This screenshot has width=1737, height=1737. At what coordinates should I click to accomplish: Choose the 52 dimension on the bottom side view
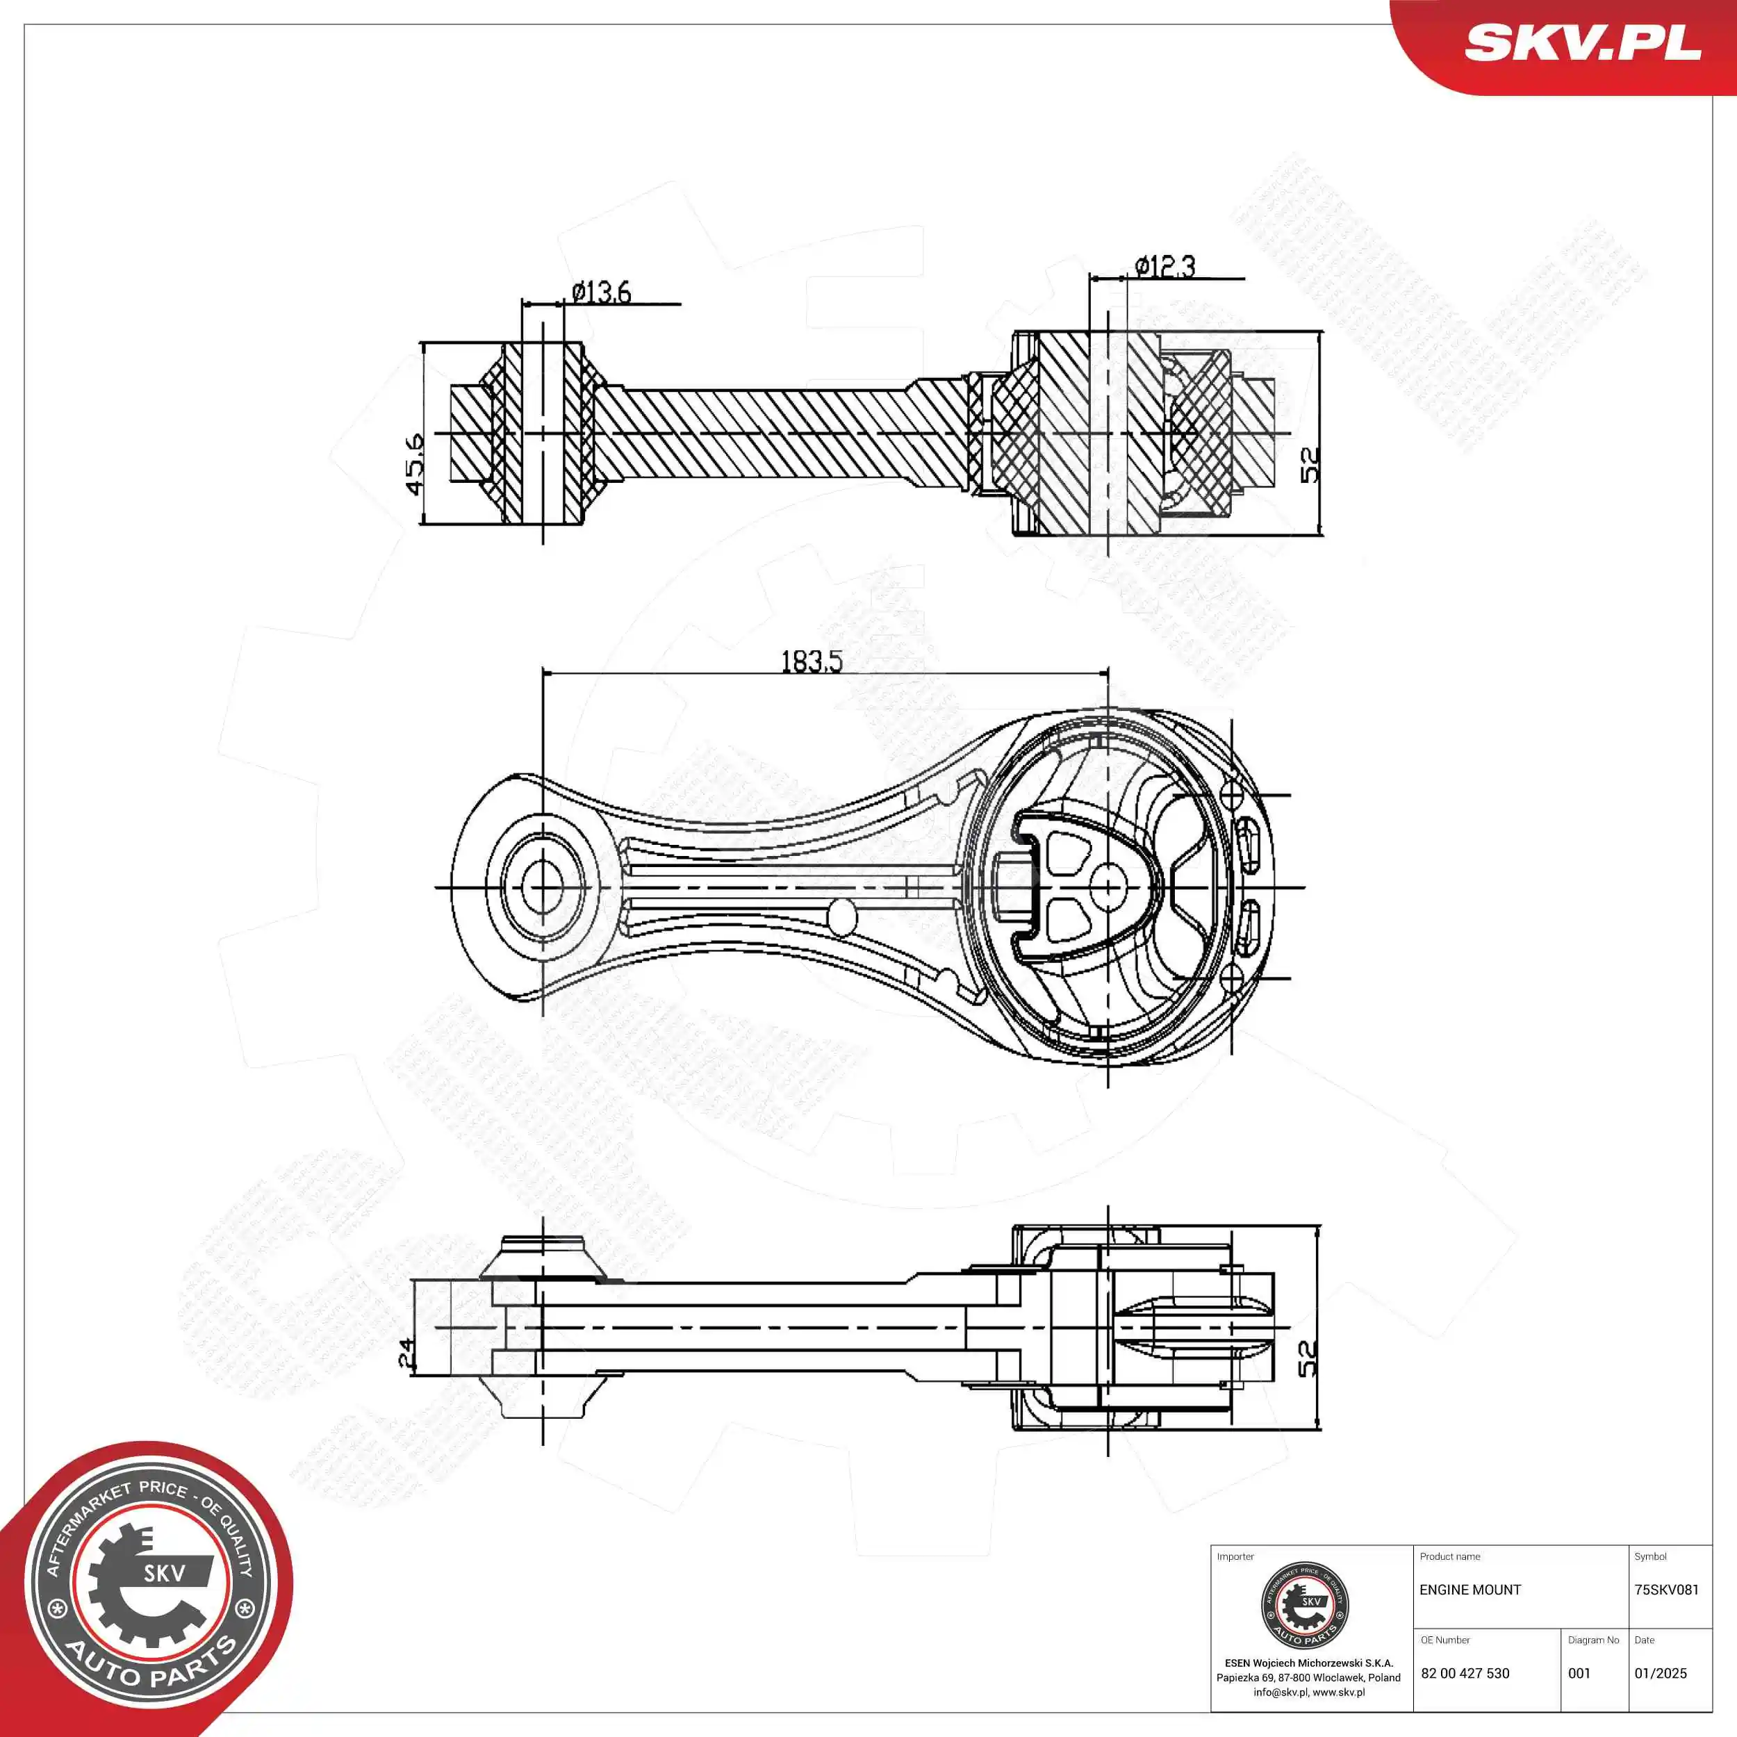click(1308, 1358)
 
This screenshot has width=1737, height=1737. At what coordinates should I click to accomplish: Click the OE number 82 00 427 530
click(1465, 1673)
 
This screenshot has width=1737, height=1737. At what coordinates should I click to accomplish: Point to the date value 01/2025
click(1660, 1673)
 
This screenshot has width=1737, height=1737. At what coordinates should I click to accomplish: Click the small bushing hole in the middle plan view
click(541, 887)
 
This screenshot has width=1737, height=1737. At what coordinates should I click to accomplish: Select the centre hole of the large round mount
click(1108, 887)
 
